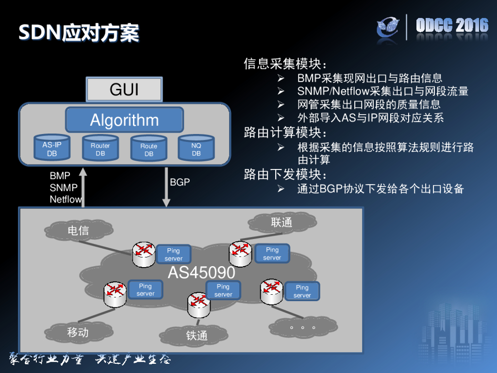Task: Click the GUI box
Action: [x=124, y=89]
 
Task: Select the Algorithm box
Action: [x=124, y=120]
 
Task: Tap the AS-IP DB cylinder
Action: [x=51, y=149]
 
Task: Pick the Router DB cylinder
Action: [x=100, y=149]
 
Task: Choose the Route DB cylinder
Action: [x=149, y=149]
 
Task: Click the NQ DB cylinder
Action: [x=196, y=149]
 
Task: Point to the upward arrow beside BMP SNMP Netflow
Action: [x=83, y=186]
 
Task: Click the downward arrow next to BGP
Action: [x=166, y=186]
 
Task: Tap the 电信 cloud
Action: [x=78, y=230]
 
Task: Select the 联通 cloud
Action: [x=282, y=222]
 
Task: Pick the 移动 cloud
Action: [x=78, y=333]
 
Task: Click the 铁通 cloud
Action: [x=197, y=336]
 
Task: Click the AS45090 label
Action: [x=201, y=272]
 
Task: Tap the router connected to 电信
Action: [x=144, y=254]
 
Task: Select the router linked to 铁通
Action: [x=199, y=302]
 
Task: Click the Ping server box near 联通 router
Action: [x=272, y=254]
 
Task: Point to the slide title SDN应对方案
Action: [x=79, y=33]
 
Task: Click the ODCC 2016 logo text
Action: [x=452, y=26]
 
